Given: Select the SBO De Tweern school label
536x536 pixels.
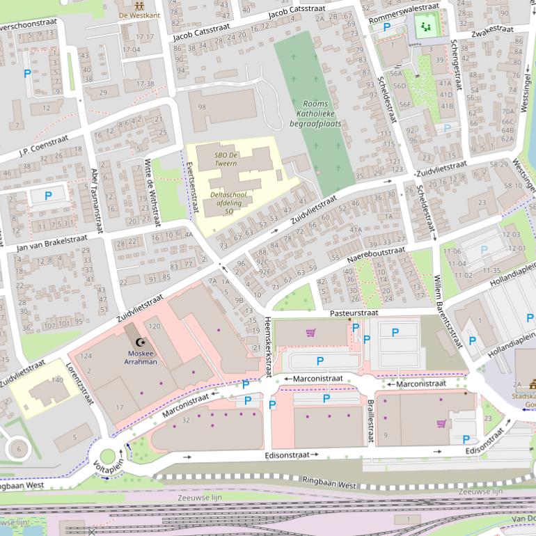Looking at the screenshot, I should pyautogui.click(x=226, y=158).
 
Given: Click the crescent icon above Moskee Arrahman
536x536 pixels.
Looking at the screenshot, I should pyautogui.click(x=142, y=342).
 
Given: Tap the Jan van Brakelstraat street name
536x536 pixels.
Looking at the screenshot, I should pyautogui.click(x=52, y=243).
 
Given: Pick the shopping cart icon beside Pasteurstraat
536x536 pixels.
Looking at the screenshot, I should pyautogui.click(x=310, y=333).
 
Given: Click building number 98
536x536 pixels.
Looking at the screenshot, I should pyautogui.click(x=202, y=107).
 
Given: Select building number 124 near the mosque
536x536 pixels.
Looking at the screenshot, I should pyautogui.click(x=86, y=356).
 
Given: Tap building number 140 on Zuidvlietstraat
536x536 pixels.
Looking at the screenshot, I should pyautogui.click(x=57, y=380).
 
